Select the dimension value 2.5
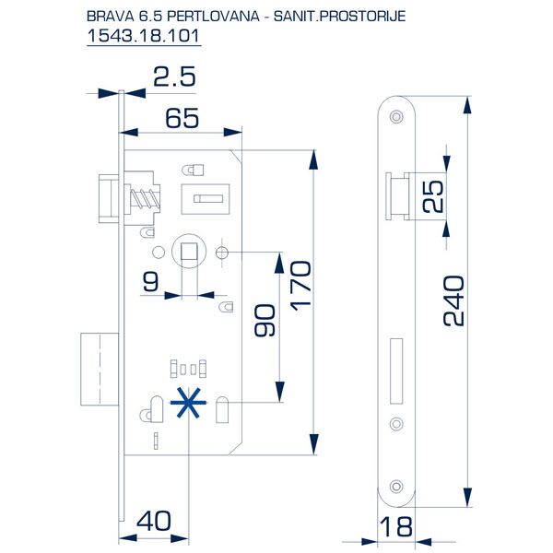[x=175, y=77]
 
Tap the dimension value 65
[x=183, y=118]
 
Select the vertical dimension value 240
[x=453, y=300]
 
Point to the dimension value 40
[x=154, y=521]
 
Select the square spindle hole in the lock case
[x=188, y=251]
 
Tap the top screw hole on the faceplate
[x=397, y=116]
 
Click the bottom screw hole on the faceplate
[x=397, y=486]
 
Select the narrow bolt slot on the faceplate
[x=397, y=371]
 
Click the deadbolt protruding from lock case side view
[x=96, y=371]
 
